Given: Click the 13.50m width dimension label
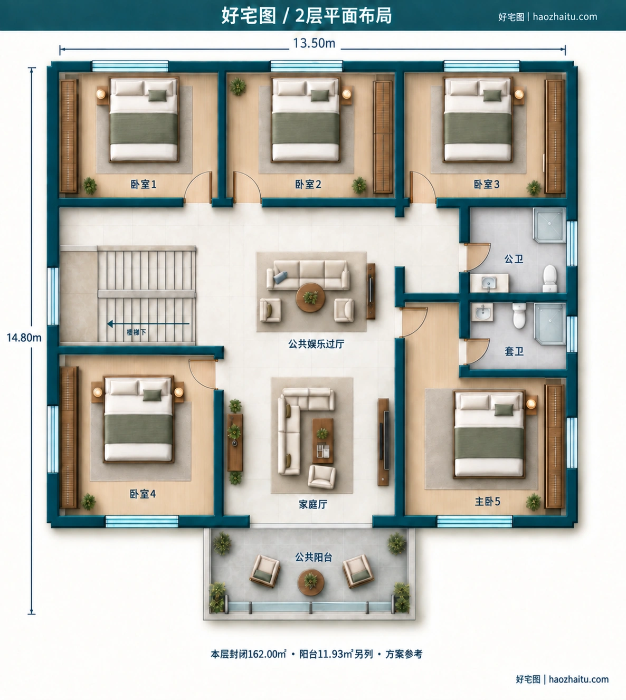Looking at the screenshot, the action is tap(314, 44).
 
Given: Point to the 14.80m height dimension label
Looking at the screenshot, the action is tap(24, 338).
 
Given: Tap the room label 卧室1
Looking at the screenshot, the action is tap(144, 184).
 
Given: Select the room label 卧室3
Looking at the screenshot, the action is tap(486, 184).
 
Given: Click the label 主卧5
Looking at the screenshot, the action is tap(487, 501).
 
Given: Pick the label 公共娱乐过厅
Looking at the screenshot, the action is tap(316, 344).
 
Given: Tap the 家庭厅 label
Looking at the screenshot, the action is tap(313, 505).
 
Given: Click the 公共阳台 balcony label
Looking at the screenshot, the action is tap(314, 557).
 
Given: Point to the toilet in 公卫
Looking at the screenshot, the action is tap(549, 279).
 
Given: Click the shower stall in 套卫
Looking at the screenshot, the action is tap(550, 324).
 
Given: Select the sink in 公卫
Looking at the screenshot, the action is tap(489, 283).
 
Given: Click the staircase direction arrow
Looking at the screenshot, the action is tap(148, 324).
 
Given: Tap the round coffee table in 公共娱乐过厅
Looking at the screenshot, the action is tap(310, 298).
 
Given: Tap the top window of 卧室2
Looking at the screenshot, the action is tap(306, 66).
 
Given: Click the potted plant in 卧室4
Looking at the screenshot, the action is tap(89, 502).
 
